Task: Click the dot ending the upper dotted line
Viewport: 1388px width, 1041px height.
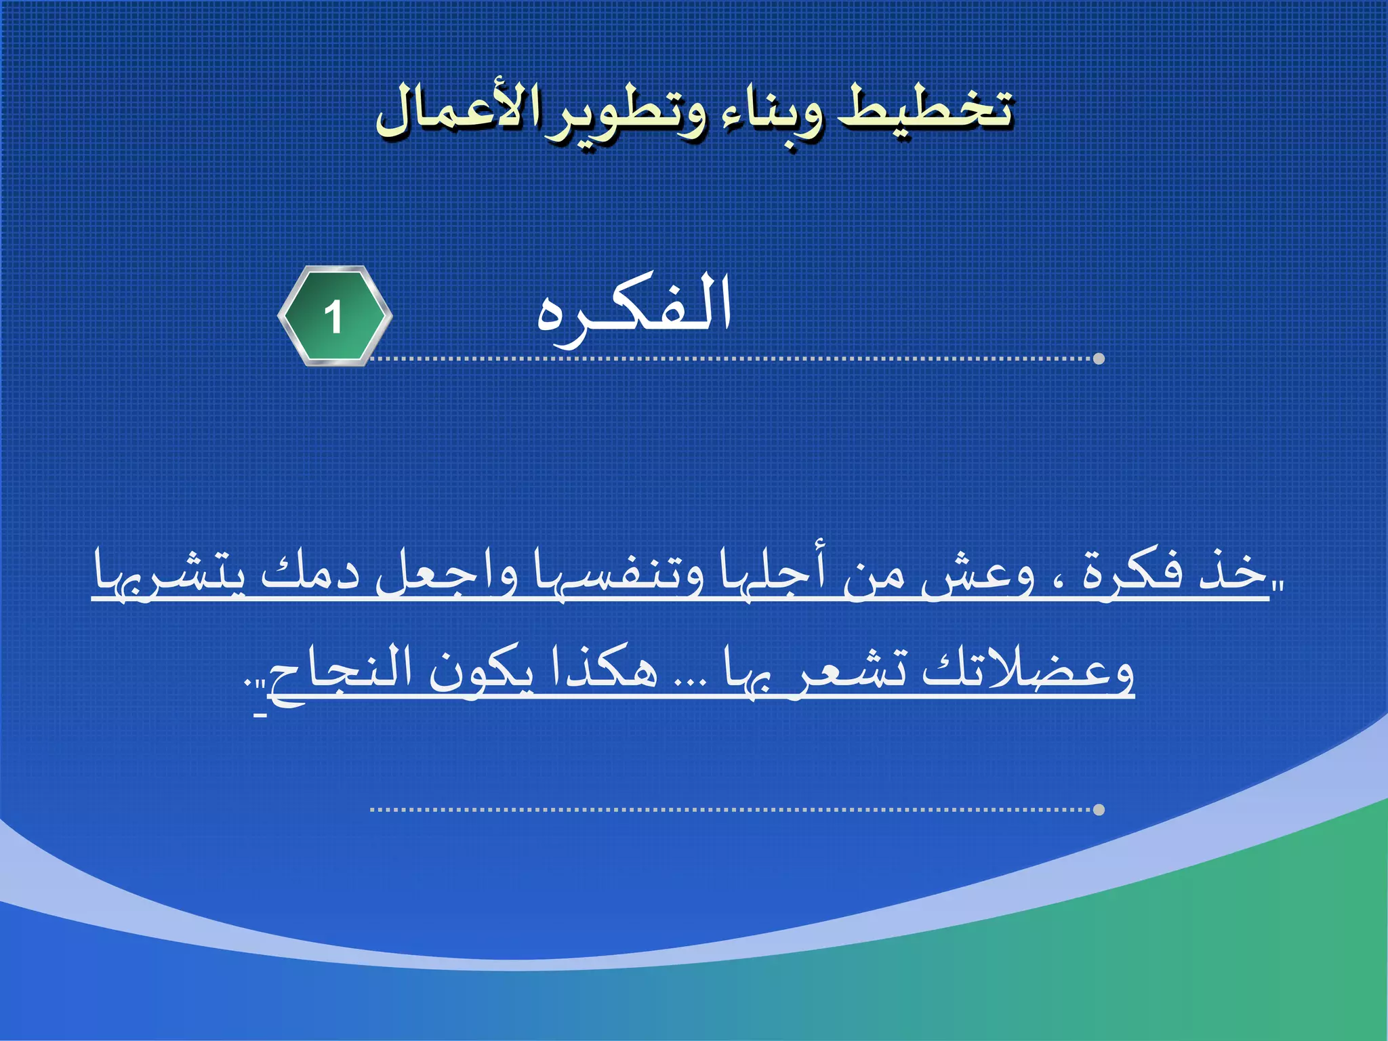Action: tap(1099, 359)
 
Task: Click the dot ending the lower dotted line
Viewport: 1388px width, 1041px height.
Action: tap(1099, 809)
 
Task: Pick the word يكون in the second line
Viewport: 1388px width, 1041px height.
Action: tap(481, 671)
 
